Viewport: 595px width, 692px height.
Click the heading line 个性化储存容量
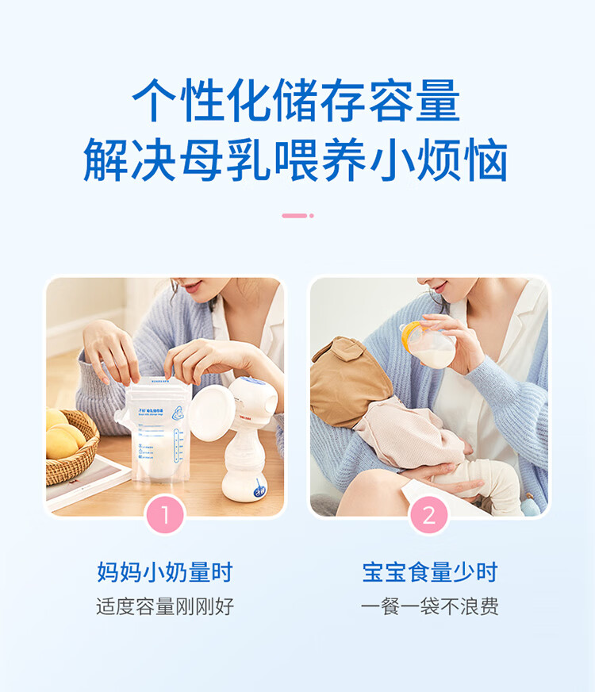(x=296, y=102)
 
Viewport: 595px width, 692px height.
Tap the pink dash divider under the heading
(x=297, y=215)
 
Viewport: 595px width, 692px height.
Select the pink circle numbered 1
(x=165, y=515)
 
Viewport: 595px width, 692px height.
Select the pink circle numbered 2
(x=429, y=515)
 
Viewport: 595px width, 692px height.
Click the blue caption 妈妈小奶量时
(x=165, y=572)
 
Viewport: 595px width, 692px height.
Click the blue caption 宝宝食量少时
(x=429, y=572)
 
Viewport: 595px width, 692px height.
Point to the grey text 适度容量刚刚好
(x=165, y=607)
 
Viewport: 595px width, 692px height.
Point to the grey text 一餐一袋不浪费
(x=429, y=607)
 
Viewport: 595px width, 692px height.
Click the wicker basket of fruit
(x=69, y=448)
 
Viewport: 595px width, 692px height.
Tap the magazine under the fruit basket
(x=83, y=484)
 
